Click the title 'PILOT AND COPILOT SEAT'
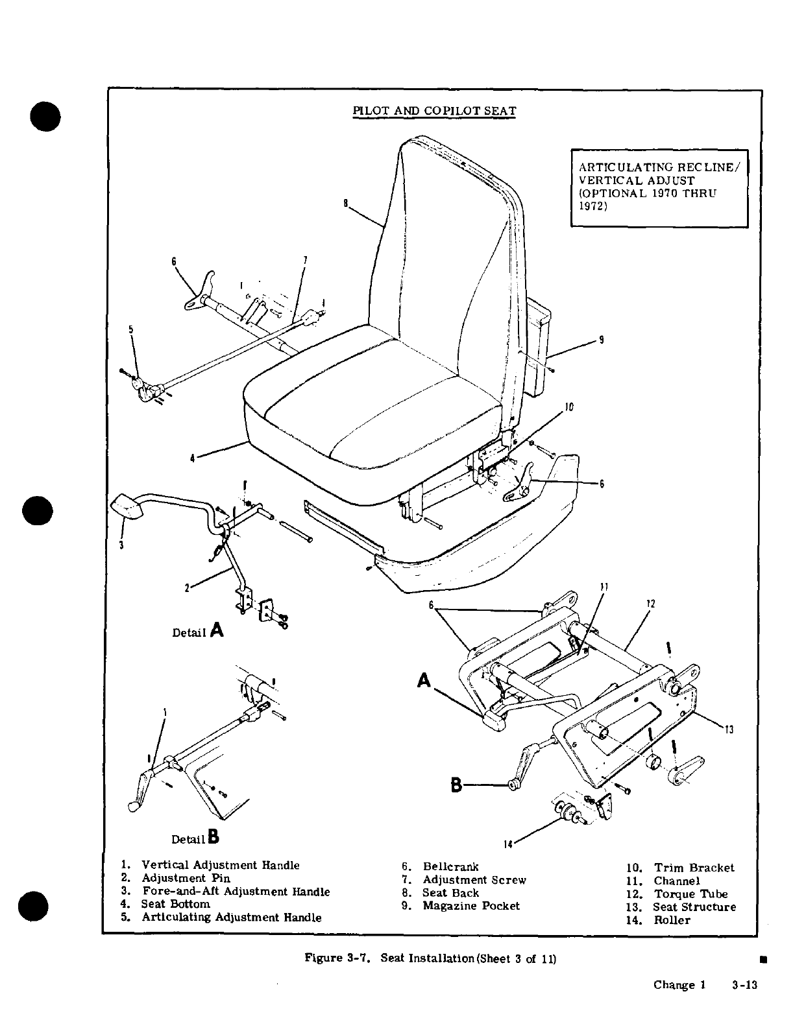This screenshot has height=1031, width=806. [x=434, y=110]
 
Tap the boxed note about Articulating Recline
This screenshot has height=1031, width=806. [x=659, y=187]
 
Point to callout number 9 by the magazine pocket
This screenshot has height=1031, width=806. [x=602, y=339]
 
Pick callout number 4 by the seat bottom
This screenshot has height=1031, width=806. [x=192, y=458]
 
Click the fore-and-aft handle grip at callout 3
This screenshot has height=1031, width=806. [x=128, y=505]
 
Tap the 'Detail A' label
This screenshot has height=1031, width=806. [x=197, y=631]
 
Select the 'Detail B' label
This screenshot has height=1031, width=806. [x=195, y=838]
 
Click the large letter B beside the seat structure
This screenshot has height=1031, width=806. [x=457, y=785]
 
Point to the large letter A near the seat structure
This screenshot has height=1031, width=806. [x=424, y=680]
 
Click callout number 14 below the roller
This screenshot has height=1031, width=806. [x=508, y=844]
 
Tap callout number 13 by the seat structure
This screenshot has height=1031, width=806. [x=729, y=730]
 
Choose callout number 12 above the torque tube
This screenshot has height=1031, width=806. [x=651, y=604]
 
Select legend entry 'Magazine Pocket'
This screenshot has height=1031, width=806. [x=470, y=906]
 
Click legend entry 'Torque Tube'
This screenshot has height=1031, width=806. [x=690, y=894]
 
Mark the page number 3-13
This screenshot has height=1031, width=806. [x=744, y=985]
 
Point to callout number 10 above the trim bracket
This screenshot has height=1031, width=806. [x=569, y=407]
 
